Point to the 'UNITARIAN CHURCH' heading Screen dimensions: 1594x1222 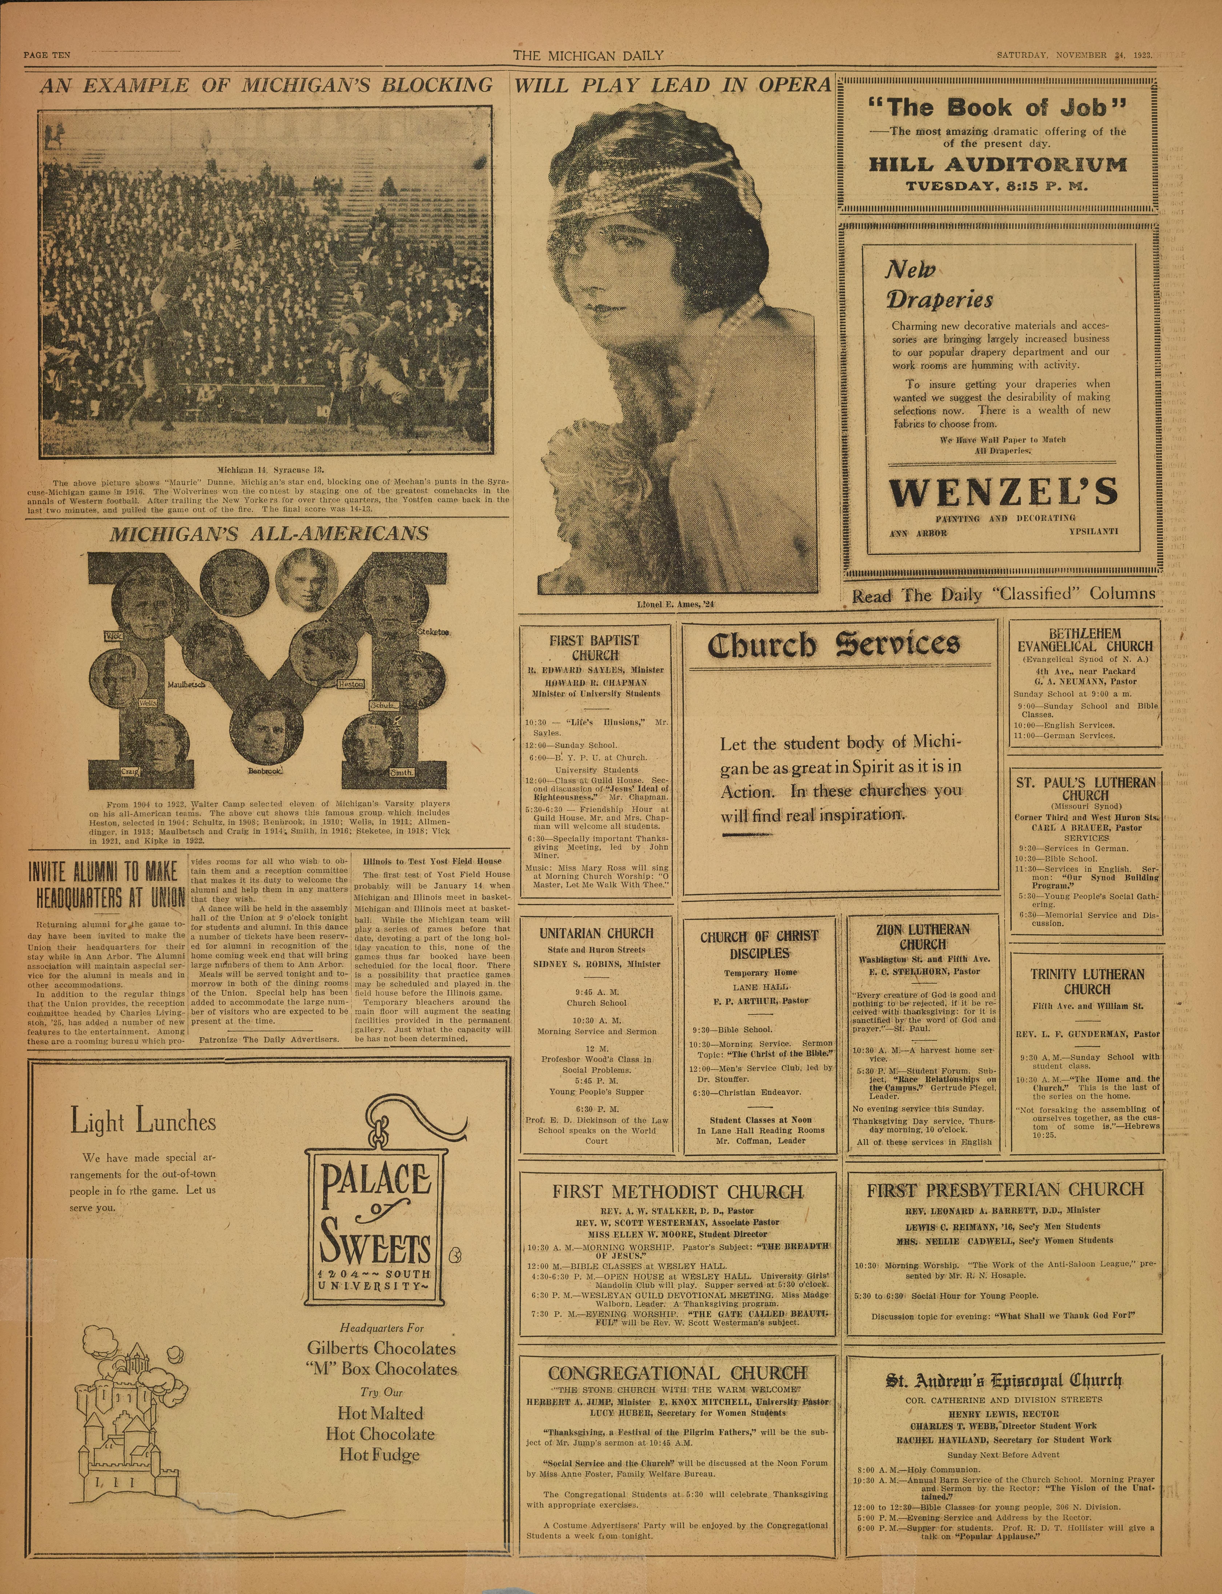(x=596, y=933)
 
